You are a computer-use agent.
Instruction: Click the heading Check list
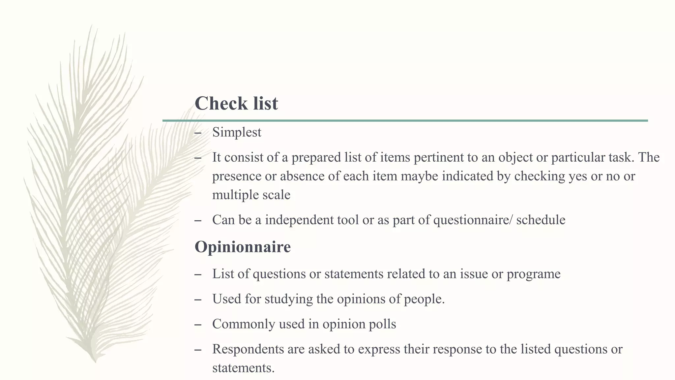point(236,103)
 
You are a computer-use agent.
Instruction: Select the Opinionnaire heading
point(243,247)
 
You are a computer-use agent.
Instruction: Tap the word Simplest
point(237,132)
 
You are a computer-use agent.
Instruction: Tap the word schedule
point(541,220)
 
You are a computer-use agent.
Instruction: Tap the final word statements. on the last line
point(243,368)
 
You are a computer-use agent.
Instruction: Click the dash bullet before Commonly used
point(198,325)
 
